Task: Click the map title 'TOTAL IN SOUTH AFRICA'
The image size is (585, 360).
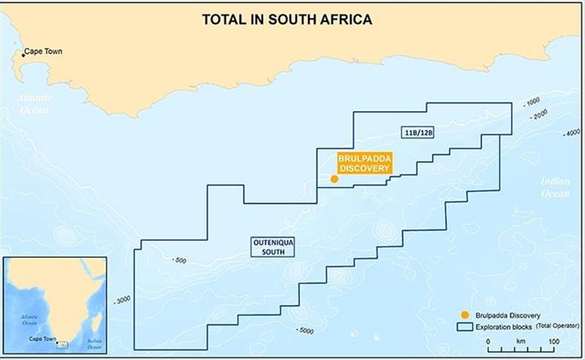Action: point(287,20)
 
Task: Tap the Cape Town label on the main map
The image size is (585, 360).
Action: point(44,53)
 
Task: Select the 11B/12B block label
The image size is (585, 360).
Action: point(419,133)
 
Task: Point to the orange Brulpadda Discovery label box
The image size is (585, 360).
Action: point(364,163)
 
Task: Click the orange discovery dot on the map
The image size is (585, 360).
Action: point(334,179)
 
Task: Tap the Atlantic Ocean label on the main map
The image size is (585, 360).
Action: point(35,104)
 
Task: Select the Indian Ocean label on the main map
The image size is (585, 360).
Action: point(555,187)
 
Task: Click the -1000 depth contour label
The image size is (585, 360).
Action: point(532,102)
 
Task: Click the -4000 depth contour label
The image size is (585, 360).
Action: point(571,133)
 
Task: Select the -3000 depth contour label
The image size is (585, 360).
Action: point(122,299)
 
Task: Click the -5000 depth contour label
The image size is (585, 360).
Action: point(304,330)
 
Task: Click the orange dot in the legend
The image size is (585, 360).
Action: point(464,315)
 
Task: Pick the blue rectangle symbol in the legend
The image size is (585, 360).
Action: point(464,326)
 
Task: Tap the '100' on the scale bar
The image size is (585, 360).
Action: point(552,341)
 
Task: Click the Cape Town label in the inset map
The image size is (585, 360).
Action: point(42,339)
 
